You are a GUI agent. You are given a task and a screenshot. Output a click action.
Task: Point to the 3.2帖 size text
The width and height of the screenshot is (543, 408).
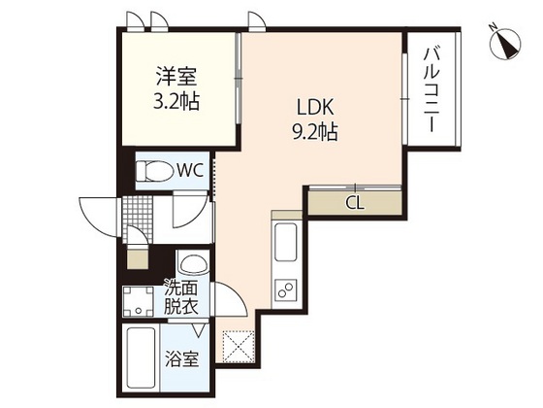tap(176, 100)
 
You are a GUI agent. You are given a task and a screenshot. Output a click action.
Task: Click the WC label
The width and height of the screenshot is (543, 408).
tap(188, 171)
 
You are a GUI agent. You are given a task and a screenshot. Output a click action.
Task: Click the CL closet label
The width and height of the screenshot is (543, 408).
tap(355, 203)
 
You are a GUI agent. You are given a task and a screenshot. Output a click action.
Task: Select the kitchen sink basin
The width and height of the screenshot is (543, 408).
tap(287, 243)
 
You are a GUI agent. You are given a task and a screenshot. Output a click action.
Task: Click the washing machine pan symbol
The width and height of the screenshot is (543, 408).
tap(138, 300)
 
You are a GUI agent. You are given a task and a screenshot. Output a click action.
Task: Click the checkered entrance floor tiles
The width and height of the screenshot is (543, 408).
tap(137, 216)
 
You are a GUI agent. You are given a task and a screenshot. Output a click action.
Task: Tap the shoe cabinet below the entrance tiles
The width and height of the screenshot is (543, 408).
tap(137, 257)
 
